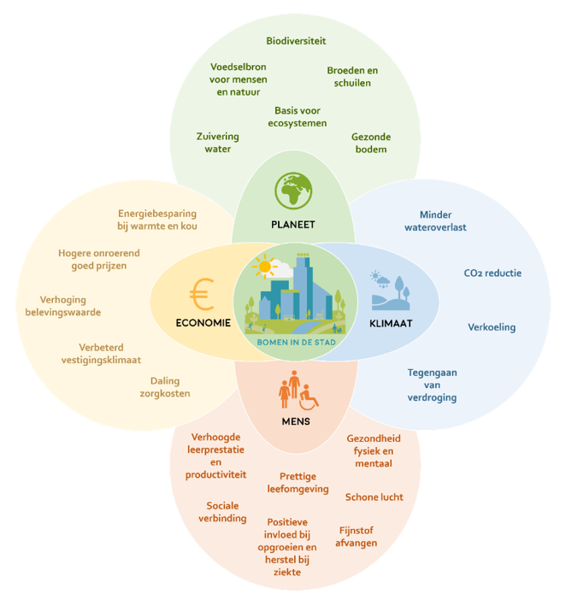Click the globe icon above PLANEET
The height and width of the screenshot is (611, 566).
(292, 191)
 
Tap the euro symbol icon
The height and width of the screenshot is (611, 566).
(201, 294)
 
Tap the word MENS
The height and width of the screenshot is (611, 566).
(295, 421)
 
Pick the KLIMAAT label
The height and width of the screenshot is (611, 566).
(391, 323)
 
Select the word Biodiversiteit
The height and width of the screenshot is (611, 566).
(296, 41)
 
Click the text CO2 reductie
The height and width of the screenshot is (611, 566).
(492, 273)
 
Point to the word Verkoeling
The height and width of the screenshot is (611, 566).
(492, 327)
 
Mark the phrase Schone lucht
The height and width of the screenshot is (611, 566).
(374, 497)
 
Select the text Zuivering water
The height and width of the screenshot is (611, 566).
(217, 143)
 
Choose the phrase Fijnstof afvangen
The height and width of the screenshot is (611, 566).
(357, 536)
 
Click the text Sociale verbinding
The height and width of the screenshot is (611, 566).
(226, 512)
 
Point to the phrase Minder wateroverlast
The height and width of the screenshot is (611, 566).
(435, 221)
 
